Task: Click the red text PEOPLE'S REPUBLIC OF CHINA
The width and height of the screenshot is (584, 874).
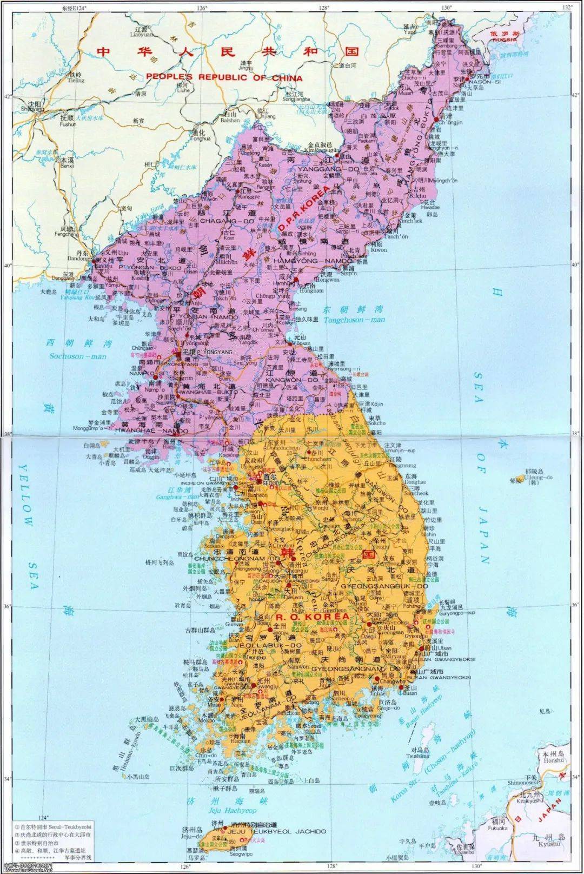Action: click(x=224, y=77)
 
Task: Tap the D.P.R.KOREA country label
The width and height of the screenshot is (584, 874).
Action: click(x=304, y=206)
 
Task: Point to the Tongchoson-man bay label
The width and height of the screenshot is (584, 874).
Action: click(x=354, y=320)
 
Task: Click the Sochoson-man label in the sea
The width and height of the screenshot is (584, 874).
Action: click(x=78, y=356)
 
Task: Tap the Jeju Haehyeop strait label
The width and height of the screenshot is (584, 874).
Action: click(x=233, y=810)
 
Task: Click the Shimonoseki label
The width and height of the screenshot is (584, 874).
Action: click(x=522, y=782)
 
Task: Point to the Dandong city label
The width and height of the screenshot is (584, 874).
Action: click(x=79, y=259)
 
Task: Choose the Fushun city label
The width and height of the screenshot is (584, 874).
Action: click(x=68, y=124)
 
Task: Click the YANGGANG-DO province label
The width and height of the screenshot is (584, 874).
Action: click(x=320, y=169)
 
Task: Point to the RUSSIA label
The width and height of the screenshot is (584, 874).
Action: click(x=505, y=39)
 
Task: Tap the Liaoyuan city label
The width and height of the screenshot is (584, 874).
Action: click(x=142, y=34)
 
